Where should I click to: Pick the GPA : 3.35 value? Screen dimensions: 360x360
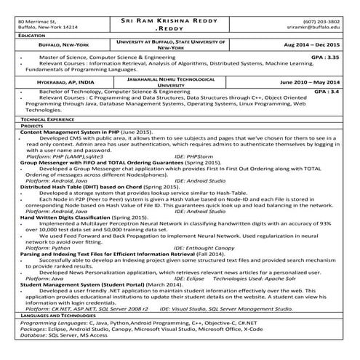point(324,55)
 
